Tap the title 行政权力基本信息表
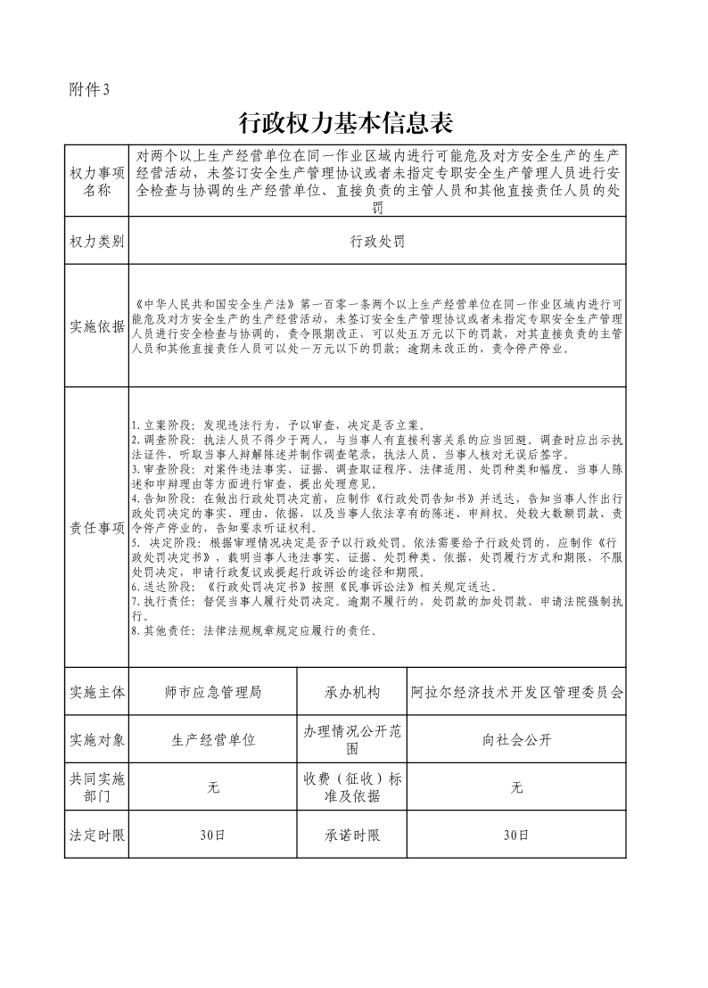pos(354,122)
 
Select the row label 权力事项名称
pos(97,181)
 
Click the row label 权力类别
pos(97,242)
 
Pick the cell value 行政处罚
pos(377,242)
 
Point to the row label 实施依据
pos(97,326)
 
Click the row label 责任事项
pos(97,528)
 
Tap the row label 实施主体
pos(97,692)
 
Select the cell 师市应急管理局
pos(214,692)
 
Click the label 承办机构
pos(352,692)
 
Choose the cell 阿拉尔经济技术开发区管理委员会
pos(517,692)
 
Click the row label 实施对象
pos(97,740)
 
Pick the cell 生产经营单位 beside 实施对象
pos(214,740)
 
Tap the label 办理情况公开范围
pos(352,740)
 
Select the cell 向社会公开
pos(517,740)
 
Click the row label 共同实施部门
pos(97,787)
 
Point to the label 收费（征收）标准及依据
pos(352,787)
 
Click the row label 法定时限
pos(97,836)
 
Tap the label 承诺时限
pos(352,836)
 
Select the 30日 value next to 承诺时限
pos(517,836)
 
